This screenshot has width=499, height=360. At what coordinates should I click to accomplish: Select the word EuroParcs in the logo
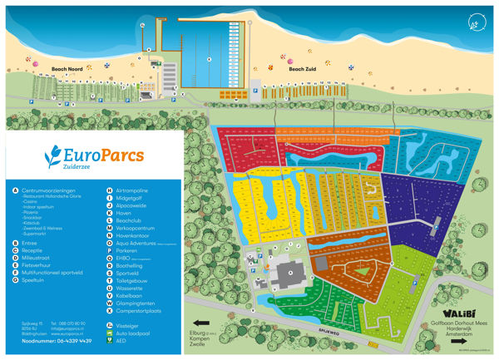(106, 156)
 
